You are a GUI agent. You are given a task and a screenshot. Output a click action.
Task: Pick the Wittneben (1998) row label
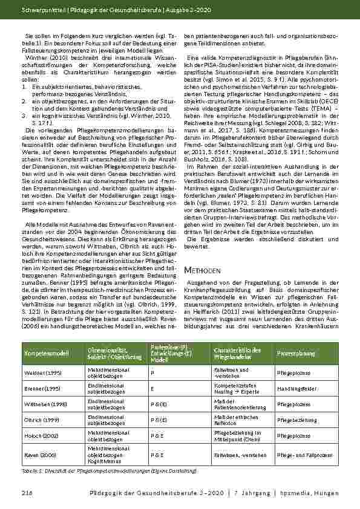[41, 402]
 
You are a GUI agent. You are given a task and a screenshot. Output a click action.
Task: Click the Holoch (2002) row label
[38, 434]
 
